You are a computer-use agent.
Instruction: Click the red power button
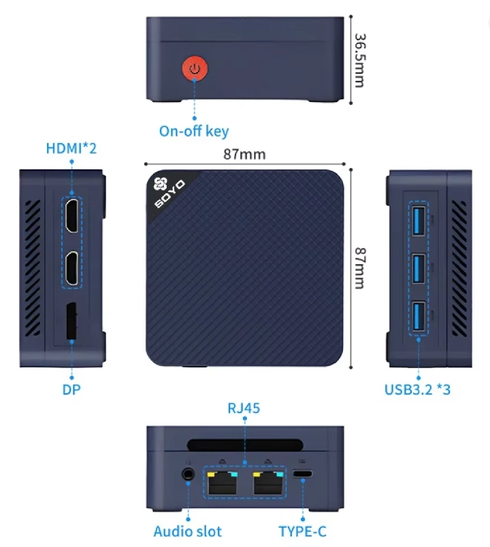tap(195, 69)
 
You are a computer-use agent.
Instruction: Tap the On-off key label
tap(194, 131)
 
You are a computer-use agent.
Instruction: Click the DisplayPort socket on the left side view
tap(71, 322)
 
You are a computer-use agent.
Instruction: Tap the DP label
tap(71, 390)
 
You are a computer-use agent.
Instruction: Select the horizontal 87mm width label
tap(244, 154)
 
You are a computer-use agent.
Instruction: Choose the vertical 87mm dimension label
tap(359, 267)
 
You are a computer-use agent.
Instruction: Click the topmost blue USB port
tap(418, 218)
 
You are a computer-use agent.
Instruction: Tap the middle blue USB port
tap(418, 267)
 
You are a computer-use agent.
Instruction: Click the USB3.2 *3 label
tap(418, 390)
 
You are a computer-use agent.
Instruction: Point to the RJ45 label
tap(244, 409)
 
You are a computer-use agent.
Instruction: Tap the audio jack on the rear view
tap(187, 474)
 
